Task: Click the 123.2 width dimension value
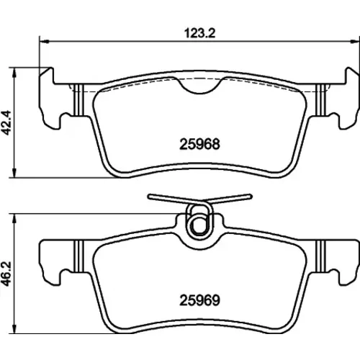tap(199, 33)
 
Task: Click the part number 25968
tap(199, 144)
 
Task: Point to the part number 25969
tap(199, 300)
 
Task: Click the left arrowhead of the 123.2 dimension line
tap(44, 42)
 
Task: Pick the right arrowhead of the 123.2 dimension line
tap(355, 42)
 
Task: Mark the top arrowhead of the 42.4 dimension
tap(15, 72)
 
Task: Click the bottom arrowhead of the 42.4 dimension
tap(15, 173)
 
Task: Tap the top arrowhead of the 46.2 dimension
tap(15, 218)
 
